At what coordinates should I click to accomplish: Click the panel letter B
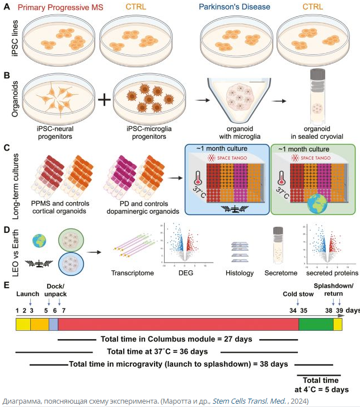coord(6,75)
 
